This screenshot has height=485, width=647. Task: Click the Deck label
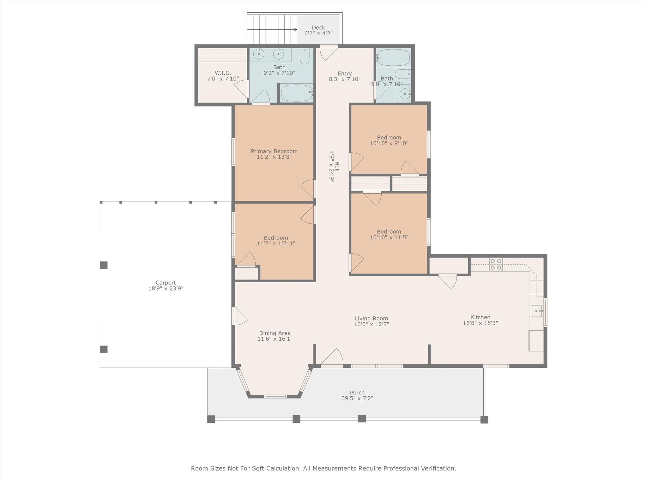(x=318, y=28)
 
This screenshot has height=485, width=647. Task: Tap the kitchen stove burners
(x=496, y=265)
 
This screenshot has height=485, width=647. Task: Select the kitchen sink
(x=536, y=311)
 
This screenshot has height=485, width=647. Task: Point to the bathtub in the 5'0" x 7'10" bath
(x=393, y=57)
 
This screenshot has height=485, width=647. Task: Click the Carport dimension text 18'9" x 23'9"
(x=166, y=288)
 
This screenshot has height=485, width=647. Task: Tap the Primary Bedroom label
(x=274, y=151)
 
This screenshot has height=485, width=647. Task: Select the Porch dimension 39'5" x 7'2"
(x=357, y=398)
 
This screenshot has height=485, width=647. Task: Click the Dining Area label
(x=275, y=333)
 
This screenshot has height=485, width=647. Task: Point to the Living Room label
(x=371, y=319)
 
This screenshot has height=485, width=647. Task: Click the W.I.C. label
(x=223, y=73)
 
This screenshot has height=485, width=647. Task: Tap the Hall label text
(x=337, y=166)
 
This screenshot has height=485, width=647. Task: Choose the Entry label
(x=345, y=74)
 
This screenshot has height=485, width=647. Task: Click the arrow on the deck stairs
(x=272, y=29)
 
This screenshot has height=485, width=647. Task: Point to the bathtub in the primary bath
(x=296, y=93)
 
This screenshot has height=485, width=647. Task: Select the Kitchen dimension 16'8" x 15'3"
(x=480, y=323)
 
